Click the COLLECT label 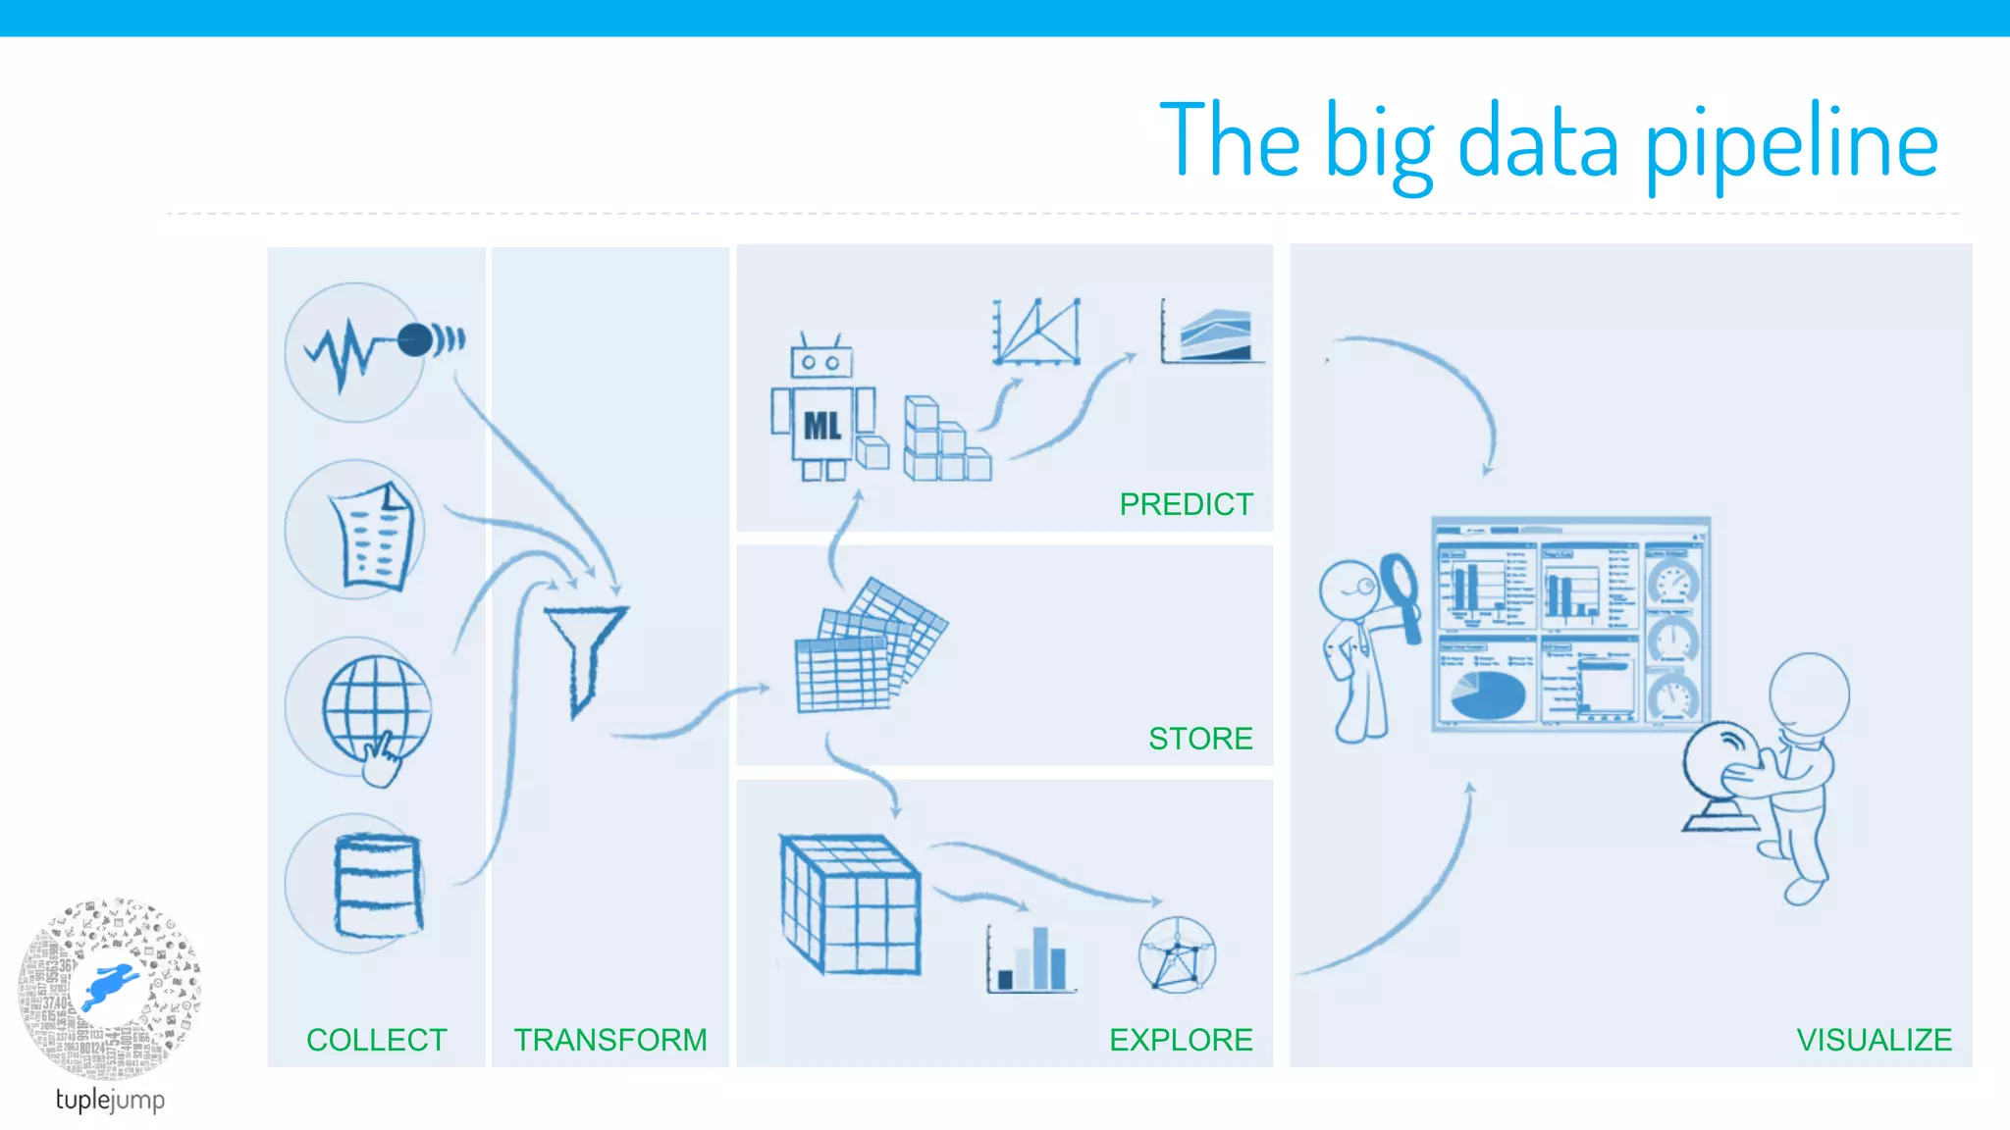[x=376, y=1040]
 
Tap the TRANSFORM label [x=609, y=1040]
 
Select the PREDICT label [x=1186, y=504]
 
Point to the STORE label [x=1200, y=739]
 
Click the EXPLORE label [x=1181, y=1040]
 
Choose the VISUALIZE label [x=1874, y=1040]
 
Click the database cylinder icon [x=378, y=884]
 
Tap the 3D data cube [x=850, y=903]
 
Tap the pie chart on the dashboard [x=1487, y=694]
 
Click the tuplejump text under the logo [x=110, y=1100]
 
